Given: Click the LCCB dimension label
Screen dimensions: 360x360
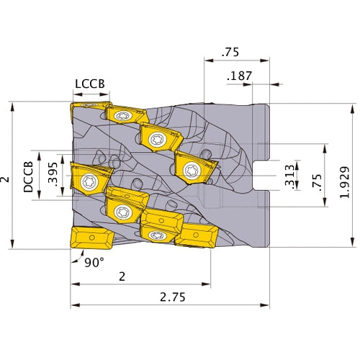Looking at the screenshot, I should click(90, 84).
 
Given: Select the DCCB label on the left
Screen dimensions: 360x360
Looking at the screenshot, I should click(28, 176).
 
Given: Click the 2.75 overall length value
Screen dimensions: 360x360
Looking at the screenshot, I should click(170, 296).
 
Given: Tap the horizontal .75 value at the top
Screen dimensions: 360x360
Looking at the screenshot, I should click(231, 52).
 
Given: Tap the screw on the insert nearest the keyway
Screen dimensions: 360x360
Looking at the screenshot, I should click(192, 170).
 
